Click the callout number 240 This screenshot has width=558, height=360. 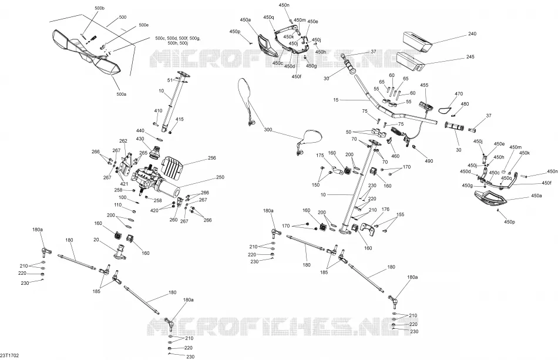[472, 34]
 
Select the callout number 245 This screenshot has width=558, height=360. [470, 56]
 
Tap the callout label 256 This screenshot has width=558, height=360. [211, 158]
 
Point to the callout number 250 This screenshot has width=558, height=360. [220, 177]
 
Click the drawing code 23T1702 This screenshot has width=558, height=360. [9, 355]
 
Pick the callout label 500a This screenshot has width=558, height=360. [122, 95]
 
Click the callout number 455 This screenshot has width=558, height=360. [424, 85]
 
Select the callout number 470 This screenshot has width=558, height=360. [459, 94]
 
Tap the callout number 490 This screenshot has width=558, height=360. [429, 161]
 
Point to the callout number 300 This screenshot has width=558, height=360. [268, 130]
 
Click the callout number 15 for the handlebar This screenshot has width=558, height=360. [336, 100]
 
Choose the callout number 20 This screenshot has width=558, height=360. [96, 240]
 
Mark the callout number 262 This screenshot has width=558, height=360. [123, 141]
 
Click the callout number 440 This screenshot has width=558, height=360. [140, 130]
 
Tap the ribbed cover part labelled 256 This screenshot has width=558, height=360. [173, 168]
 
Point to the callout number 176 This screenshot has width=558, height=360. [385, 210]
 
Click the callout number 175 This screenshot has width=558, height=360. [320, 156]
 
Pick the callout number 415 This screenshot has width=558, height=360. [180, 119]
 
